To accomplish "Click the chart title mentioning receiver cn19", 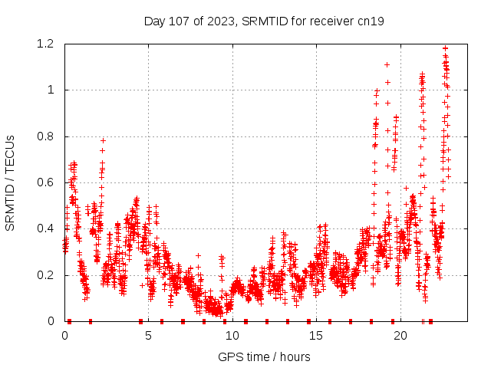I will [264, 21].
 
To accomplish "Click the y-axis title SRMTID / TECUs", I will [10, 182].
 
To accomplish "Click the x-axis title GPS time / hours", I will [264, 356].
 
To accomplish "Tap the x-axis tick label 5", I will [149, 336].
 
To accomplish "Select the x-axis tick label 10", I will [232, 336].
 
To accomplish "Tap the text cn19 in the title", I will [371, 21].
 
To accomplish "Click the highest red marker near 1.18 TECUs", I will [445, 48].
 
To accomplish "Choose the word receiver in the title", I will [331, 21].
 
